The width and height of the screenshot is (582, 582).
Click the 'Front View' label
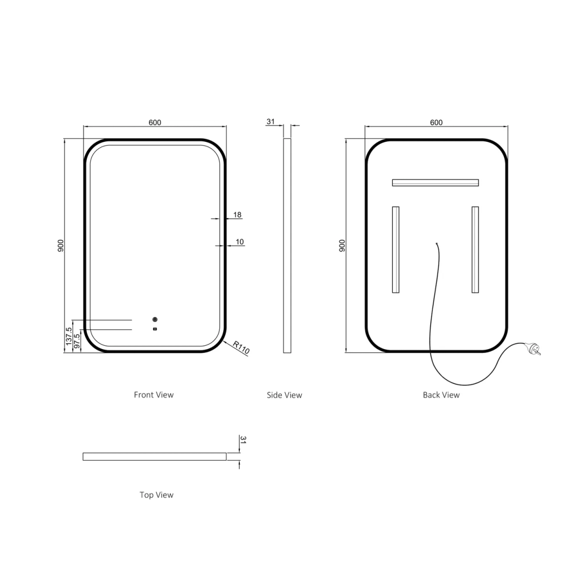click(154, 394)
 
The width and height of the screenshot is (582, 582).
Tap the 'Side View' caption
click(285, 395)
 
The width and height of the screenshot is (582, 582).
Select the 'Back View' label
click(441, 395)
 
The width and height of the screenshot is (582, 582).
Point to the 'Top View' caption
click(156, 495)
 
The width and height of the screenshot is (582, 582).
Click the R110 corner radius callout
click(241, 348)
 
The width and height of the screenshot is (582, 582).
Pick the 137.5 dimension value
click(68, 336)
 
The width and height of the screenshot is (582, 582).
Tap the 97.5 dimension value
click(77, 341)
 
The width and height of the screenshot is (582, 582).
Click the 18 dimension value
click(237, 214)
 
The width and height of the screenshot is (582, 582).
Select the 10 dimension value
click(240, 241)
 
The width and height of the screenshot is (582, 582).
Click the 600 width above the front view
click(155, 122)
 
